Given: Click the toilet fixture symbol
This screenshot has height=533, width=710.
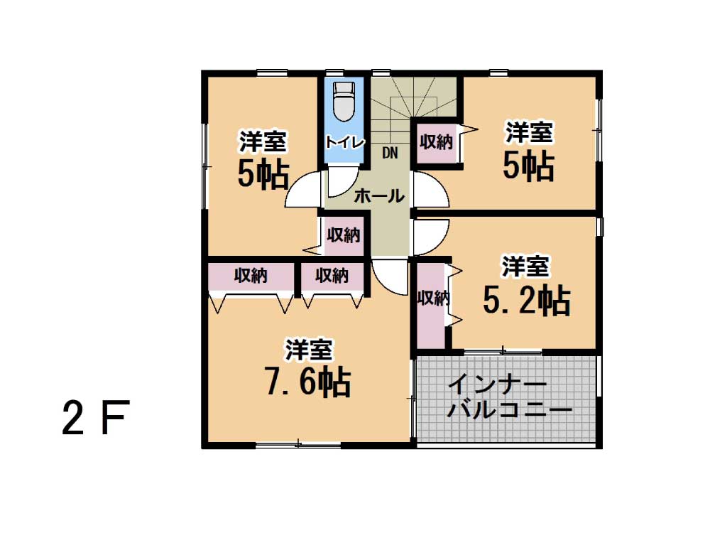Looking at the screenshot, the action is point(343,102).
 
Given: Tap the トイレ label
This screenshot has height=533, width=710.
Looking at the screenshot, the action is point(344,142).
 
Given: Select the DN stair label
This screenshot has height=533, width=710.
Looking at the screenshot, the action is point(390,154).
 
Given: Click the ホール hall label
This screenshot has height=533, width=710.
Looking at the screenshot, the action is point(379,196).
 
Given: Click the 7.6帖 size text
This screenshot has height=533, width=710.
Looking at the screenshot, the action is point(308,382).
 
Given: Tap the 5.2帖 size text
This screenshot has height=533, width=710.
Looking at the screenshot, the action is point(527,301).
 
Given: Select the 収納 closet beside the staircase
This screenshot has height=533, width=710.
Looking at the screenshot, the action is point(436,143).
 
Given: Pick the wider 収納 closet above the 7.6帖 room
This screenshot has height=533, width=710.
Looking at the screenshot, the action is point(251,276).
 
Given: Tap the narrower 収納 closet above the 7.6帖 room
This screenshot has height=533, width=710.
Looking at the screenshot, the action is point(332,276).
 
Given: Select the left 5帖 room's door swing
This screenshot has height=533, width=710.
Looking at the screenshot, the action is point(302,190).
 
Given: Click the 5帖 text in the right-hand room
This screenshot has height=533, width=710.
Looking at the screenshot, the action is point(529,166).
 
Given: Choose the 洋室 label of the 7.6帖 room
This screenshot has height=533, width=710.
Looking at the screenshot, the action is point(308,350).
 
